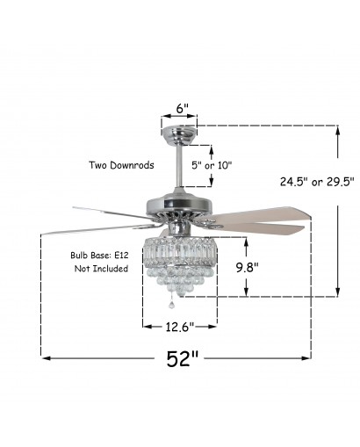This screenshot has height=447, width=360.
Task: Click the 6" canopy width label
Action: click(182, 108)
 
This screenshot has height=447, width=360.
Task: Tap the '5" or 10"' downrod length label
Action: click(212, 165)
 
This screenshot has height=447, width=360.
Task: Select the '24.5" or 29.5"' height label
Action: click(317, 182)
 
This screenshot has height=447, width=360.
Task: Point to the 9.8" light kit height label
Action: click(248, 267)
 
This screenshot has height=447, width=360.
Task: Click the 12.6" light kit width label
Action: click(180, 327)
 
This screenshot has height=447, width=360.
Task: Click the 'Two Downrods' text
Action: click(121, 165)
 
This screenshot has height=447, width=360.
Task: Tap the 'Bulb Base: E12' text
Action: click(99, 256)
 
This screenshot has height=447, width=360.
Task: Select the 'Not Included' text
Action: click(101, 269)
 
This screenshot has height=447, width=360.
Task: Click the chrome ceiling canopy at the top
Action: click(179, 135)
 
